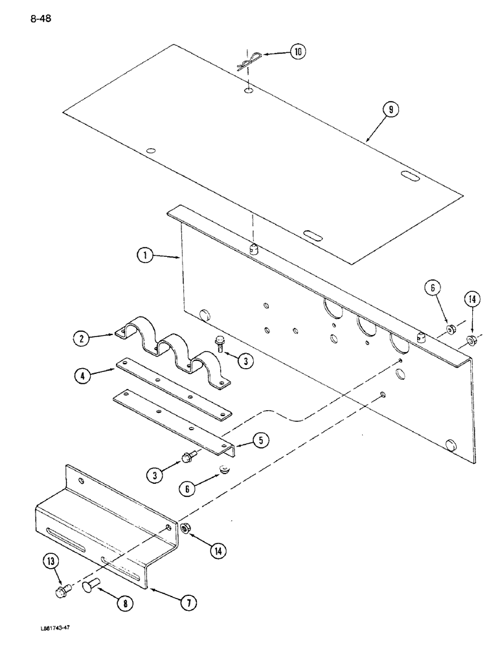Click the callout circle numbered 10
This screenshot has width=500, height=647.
297,52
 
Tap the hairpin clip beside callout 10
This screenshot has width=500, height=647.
246,61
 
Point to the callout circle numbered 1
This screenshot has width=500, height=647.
146,257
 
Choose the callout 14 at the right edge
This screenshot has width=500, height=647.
473,299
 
